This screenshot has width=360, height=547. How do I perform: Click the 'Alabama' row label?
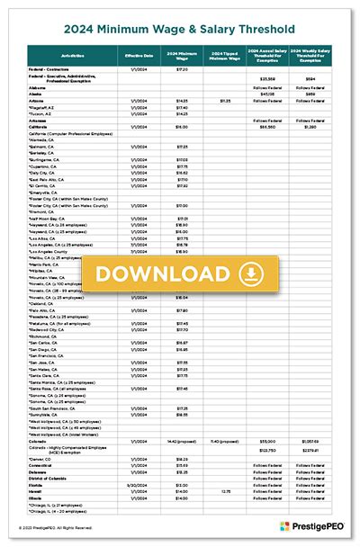click(38, 87)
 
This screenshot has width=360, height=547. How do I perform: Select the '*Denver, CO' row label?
click(40, 457)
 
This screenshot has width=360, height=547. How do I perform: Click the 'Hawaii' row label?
click(36, 490)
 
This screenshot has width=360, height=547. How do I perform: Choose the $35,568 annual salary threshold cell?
click(266, 80)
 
